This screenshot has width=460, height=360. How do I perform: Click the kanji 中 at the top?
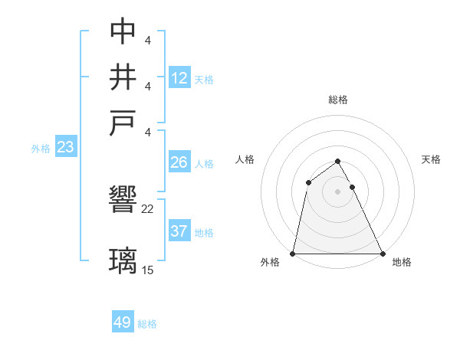pos(123,31)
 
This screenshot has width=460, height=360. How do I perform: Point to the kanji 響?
pos(123,198)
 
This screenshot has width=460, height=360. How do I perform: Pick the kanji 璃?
pos(123,259)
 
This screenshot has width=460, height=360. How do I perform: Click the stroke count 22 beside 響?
pos(148,208)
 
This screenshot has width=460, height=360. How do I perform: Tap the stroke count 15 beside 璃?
pos(148,270)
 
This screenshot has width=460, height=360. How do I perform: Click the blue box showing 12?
pos(179,77)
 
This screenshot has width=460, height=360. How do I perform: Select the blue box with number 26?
pos(179,162)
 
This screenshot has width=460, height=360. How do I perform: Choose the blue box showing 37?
pos(179,231)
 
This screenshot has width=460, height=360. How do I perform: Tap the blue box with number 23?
pos(65,147)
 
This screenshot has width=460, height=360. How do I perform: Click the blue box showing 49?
pos(122,322)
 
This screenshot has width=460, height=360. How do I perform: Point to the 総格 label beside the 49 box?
pos(147,324)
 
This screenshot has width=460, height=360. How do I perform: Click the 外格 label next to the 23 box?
pos(41,149)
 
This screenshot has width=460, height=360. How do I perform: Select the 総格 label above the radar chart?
pos(338,100)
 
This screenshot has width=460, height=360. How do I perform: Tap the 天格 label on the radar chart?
pos(432,159)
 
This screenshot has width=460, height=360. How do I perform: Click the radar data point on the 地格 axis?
pos(382,253)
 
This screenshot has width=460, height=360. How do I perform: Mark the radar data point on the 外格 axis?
pos(294,253)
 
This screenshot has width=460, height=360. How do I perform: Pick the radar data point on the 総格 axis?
pos(338,161)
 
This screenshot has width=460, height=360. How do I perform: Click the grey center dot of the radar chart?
pos(338,191)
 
